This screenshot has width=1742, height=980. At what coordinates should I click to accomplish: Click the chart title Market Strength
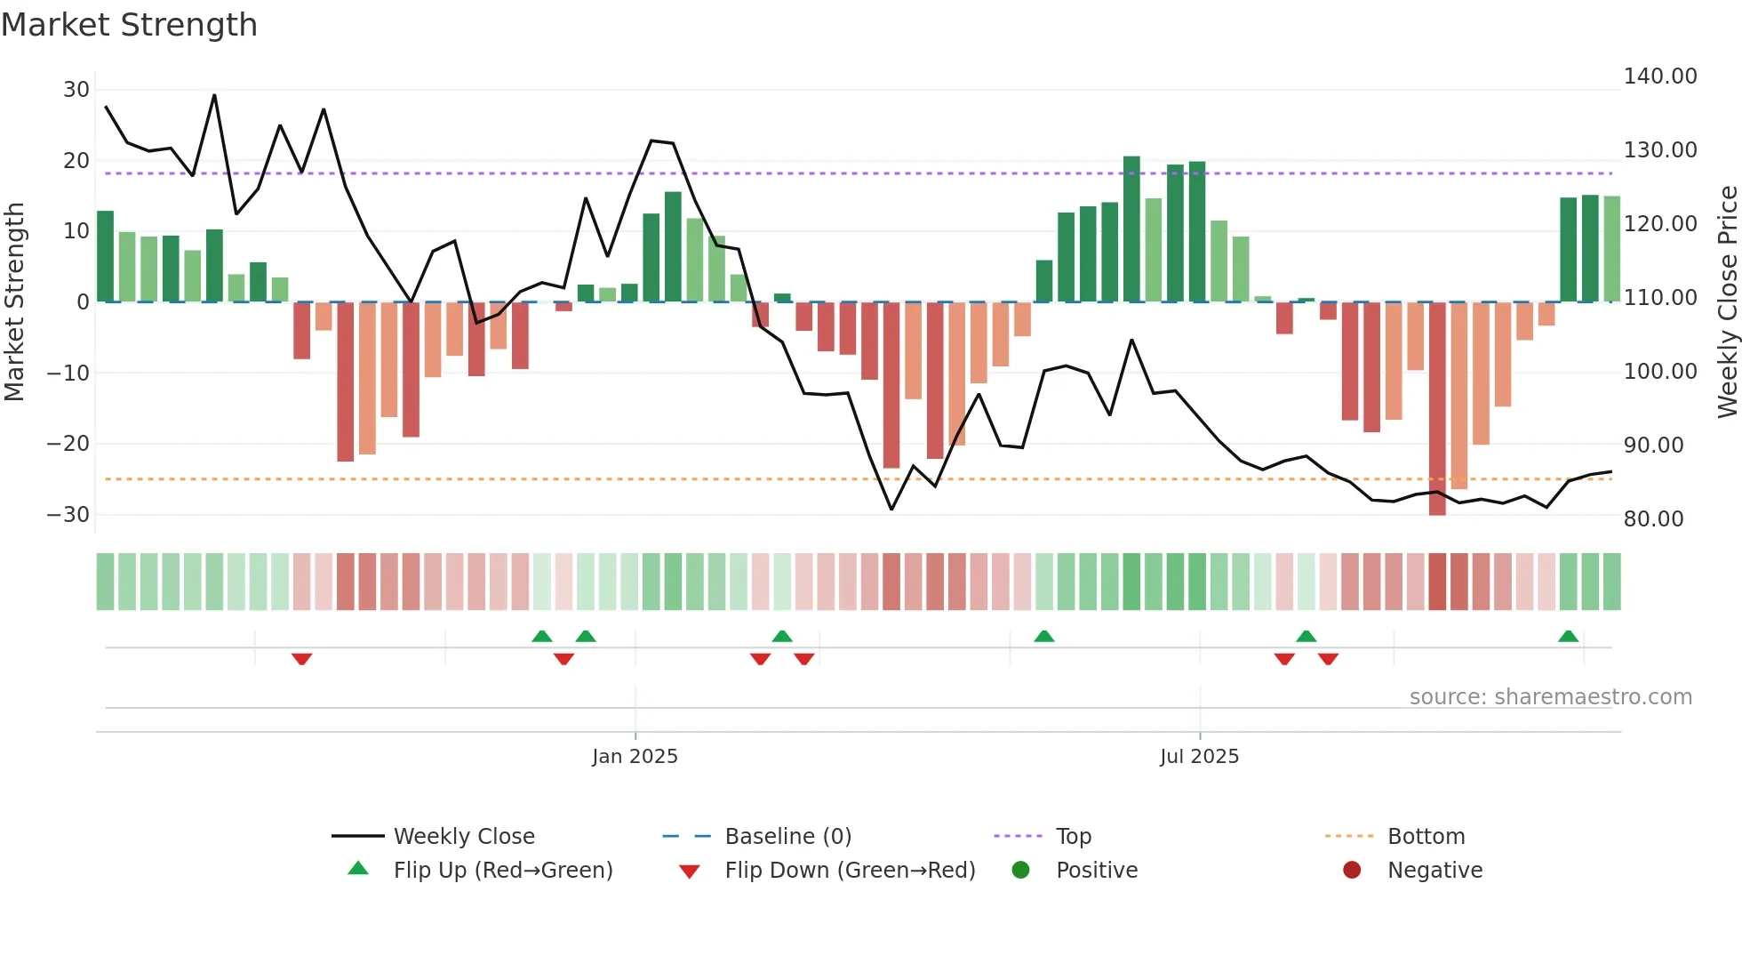pos(130,25)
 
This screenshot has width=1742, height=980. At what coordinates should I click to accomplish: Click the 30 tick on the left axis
pos(76,90)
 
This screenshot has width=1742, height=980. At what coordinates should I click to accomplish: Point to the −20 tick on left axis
pos(68,444)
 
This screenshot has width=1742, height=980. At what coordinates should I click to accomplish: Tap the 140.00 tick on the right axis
pos(1660,76)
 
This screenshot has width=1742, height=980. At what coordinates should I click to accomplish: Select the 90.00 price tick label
pos(1660,446)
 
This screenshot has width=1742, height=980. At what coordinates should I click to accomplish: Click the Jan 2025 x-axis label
pos(635,757)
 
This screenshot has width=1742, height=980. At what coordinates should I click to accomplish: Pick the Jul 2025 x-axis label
pos(1199,757)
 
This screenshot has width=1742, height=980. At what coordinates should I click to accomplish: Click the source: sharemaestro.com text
pos(1550,697)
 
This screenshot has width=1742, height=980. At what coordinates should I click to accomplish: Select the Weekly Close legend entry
pos(463,837)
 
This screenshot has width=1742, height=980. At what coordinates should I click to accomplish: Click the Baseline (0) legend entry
pos(787,837)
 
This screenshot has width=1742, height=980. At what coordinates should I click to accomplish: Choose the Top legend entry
pos(1073,837)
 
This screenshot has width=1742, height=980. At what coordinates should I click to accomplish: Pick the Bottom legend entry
pos(1426,837)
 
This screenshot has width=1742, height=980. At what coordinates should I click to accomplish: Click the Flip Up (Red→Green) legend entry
pos(502,871)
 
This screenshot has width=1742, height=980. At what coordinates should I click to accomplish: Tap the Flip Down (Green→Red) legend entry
pos(849,871)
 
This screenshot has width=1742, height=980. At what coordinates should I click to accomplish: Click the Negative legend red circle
pos(1352,871)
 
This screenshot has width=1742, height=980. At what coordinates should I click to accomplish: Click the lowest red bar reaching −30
pos(1437,409)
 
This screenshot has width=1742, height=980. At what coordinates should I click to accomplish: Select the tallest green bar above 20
pos(1131,229)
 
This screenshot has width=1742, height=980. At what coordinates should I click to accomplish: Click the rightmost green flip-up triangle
pos(1568,637)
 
